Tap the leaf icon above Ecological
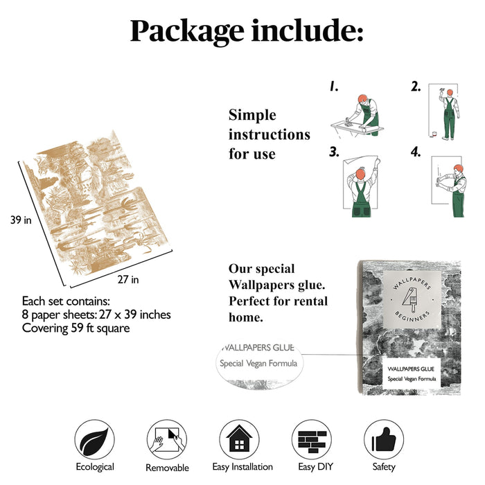pyautogui.click(x=95, y=439)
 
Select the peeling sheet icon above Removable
pyautogui.click(x=167, y=439)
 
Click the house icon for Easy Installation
pyautogui.click(x=240, y=439)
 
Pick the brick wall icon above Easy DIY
pyautogui.click(x=312, y=439)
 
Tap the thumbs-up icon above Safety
pyautogui.click(x=384, y=439)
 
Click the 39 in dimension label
pyautogui.click(x=21, y=220)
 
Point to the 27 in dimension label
pyautogui.click(x=128, y=280)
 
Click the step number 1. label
pyautogui.click(x=333, y=87)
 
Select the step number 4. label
pyautogui.click(x=416, y=152)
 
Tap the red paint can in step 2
pyautogui.click(x=434, y=134)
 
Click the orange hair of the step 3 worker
pyautogui.click(x=360, y=173)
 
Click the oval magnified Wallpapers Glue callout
pyautogui.click(x=260, y=364)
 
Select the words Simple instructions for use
pyautogui.click(x=269, y=134)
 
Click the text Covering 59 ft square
pyautogui.click(x=76, y=328)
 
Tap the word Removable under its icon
pyautogui.click(x=167, y=468)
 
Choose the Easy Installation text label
pyautogui.click(x=242, y=466)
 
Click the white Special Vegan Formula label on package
pyautogui.click(x=412, y=373)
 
